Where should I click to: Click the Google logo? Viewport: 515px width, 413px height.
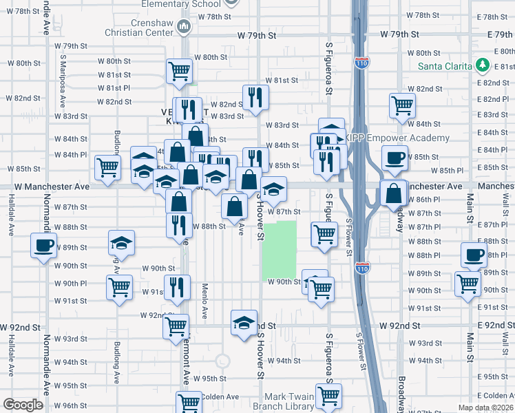[x=23, y=405]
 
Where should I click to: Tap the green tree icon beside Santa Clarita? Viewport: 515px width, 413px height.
[x=483, y=65]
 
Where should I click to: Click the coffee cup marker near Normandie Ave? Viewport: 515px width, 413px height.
[x=43, y=246]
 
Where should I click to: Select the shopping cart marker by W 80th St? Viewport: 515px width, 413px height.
[x=179, y=71]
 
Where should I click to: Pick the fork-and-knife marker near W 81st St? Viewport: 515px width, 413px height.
[x=255, y=97]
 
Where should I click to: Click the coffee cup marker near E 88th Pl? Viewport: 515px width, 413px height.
[x=473, y=255]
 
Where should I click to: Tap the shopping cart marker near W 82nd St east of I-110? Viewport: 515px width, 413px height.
[x=402, y=105]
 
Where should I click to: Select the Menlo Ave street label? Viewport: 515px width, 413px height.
[x=204, y=301]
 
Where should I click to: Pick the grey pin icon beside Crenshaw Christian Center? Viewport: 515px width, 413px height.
[x=183, y=27]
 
